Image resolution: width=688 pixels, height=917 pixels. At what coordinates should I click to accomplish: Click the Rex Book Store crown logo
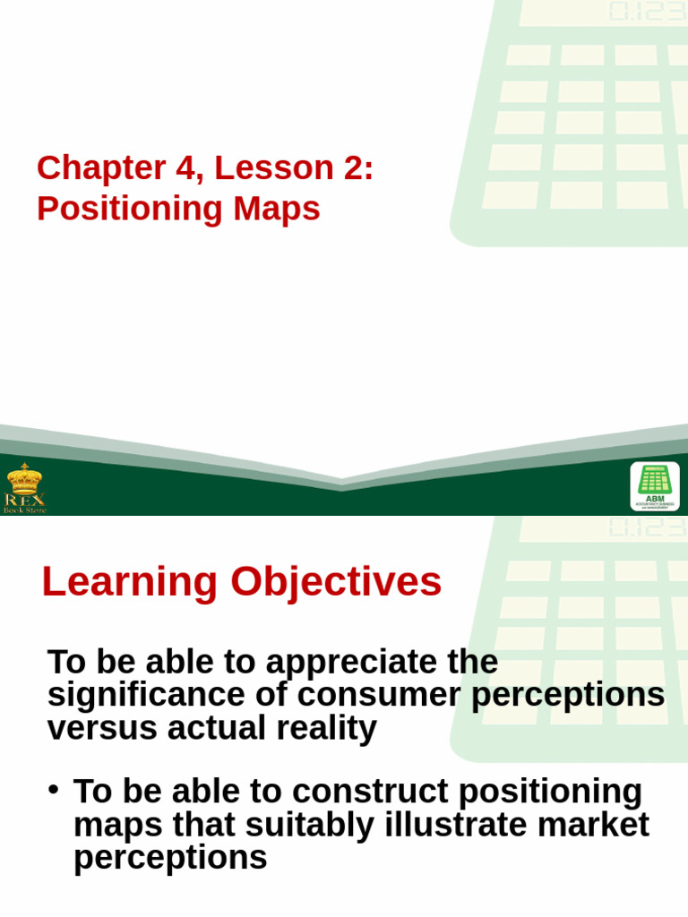click(x=24, y=486)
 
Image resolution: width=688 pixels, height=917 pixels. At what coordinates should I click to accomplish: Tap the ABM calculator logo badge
click(x=654, y=486)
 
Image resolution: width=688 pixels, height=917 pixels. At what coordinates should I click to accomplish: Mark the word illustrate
click(x=451, y=825)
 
